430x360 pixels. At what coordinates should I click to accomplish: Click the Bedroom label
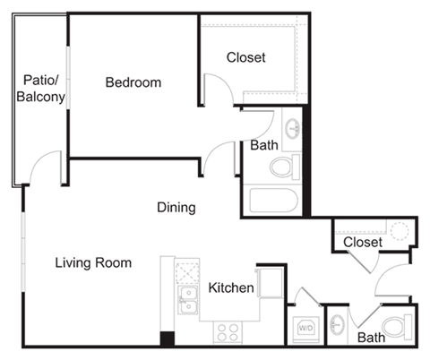point(133,83)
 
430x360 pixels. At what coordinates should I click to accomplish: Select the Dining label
point(176,208)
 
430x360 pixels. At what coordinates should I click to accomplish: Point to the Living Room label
point(93,263)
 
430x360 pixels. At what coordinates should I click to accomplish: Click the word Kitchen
point(231,288)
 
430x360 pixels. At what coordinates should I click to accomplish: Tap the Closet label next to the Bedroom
point(245,58)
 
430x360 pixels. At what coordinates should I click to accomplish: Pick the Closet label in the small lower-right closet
point(363,243)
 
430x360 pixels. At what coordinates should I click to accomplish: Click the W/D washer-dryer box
point(305,328)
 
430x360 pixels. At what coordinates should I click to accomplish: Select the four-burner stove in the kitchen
point(228,331)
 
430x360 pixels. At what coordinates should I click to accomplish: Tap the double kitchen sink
point(187,299)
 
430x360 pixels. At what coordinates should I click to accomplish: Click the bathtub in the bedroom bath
point(272,200)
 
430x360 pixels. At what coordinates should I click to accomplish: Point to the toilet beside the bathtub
point(286,166)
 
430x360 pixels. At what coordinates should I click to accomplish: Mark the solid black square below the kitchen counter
point(167,339)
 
